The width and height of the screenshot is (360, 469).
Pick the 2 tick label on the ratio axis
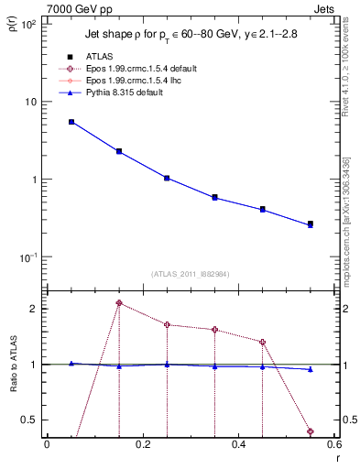click(33, 309)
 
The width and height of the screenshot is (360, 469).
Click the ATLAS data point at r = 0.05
click(71, 122)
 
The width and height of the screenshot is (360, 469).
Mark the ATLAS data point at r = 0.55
click(311, 224)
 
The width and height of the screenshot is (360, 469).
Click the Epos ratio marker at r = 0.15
click(119, 302)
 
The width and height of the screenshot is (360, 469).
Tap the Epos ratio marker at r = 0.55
click(311, 431)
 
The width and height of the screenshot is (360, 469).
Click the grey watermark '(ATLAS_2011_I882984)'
click(191, 273)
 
